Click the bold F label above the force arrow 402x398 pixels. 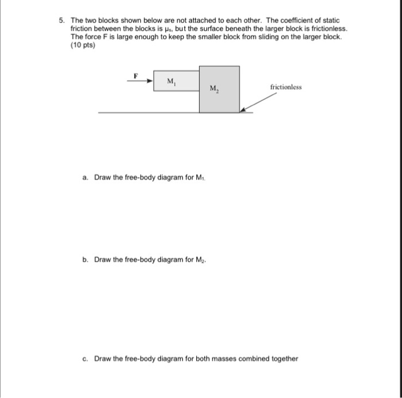pos(136,75)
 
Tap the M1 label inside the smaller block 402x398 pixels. pos(172,82)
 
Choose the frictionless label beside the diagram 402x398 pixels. pos(285,87)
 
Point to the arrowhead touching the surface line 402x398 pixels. pos(243,109)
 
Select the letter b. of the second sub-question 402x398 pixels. pos(86,260)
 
